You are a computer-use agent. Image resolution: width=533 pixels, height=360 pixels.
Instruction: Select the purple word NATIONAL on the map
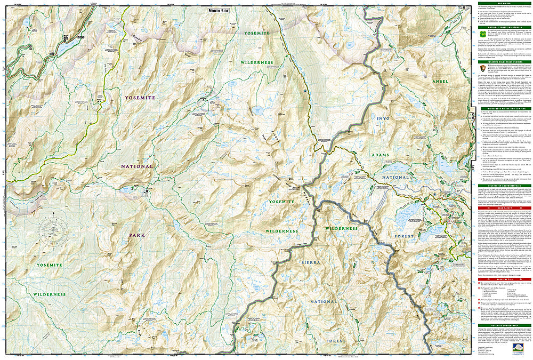(136, 166)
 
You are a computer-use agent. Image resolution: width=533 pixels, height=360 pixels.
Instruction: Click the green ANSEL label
(440, 81)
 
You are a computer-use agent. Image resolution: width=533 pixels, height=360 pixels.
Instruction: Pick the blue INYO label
(383, 118)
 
